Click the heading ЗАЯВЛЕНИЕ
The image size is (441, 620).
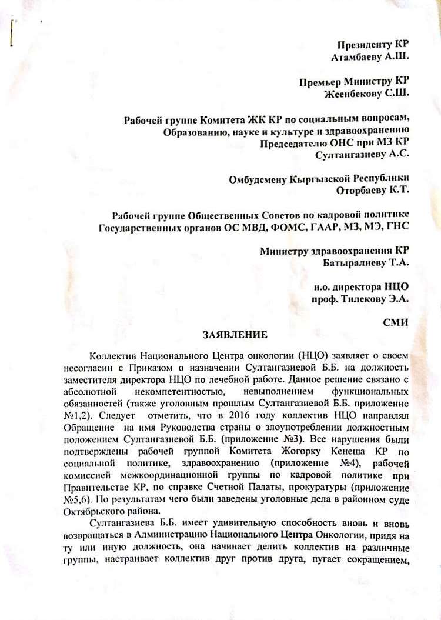click(234, 335)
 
